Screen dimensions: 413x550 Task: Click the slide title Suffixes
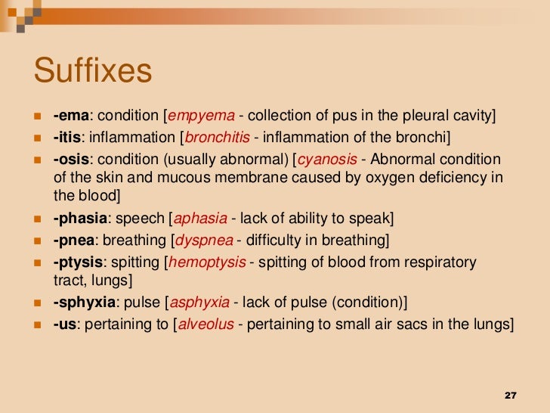click(x=93, y=72)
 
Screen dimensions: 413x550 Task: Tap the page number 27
click(x=508, y=396)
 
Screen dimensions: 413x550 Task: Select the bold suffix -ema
click(x=71, y=116)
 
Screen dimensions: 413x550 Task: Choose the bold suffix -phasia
click(x=79, y=219)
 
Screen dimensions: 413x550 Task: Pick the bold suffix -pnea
click(x=73, y=241)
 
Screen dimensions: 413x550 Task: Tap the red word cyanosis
click(x=326, y=160)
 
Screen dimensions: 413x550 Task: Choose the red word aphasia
click(x=201, y=219)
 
